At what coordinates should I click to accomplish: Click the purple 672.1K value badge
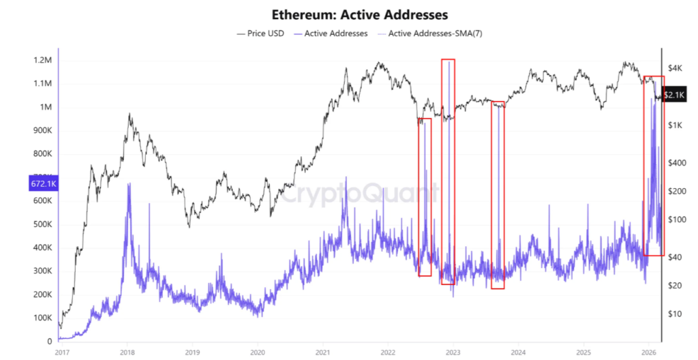(x=42, y=184)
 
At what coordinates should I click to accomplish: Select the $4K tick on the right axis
(x=676, y=67)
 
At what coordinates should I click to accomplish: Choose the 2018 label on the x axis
(x=126, y=352)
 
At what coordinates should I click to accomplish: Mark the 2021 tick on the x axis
(x=322, y=352)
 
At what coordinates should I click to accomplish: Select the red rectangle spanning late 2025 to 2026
(x=654, y=166)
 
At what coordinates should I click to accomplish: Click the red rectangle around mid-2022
(x=425, y=197)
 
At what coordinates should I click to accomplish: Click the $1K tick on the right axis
(x=676, y=125)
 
